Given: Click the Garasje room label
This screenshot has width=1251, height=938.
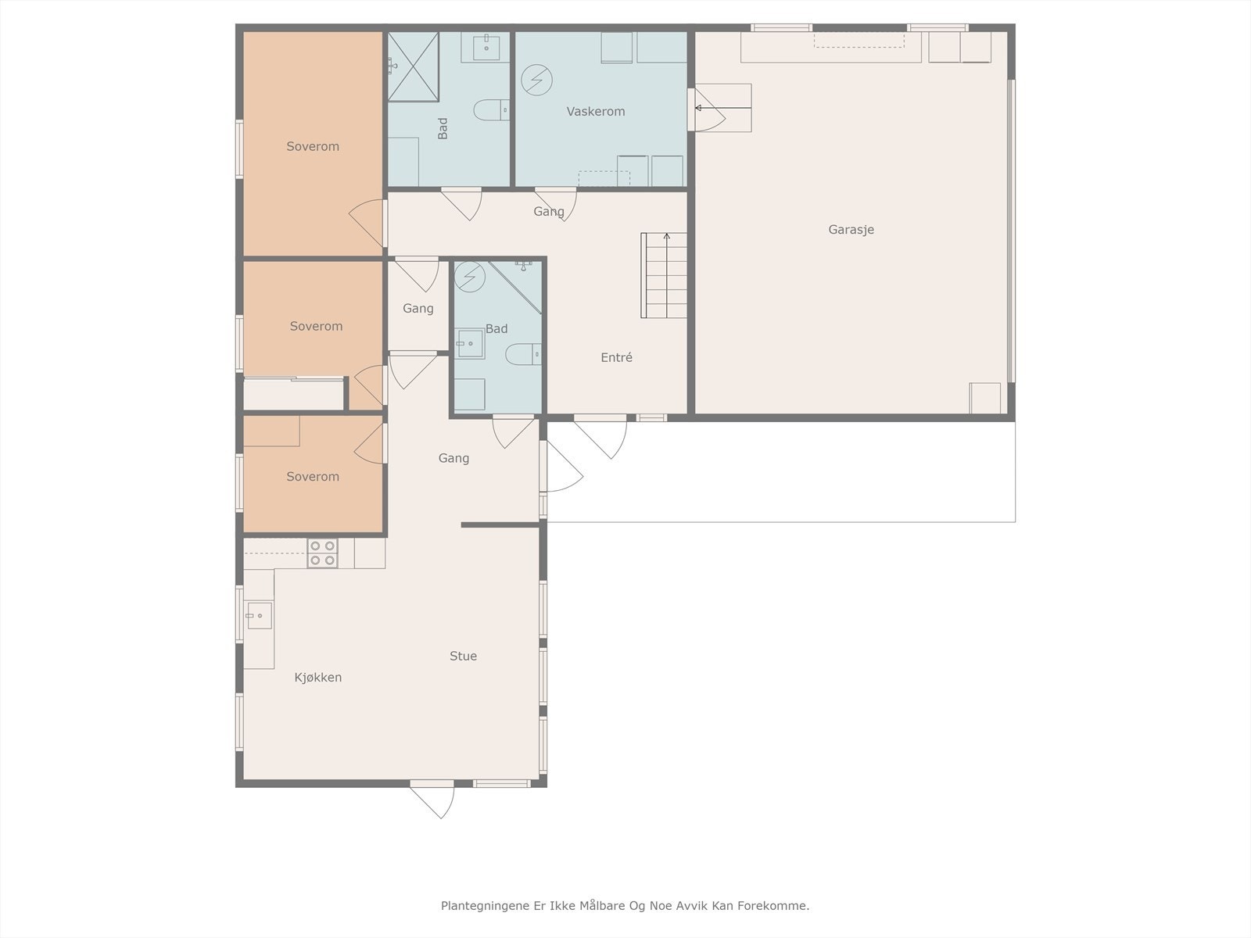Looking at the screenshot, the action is coord(851,230).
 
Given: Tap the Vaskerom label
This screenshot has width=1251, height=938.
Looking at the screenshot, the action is coord(596,112).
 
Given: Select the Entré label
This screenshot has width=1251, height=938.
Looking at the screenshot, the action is coord(616,358).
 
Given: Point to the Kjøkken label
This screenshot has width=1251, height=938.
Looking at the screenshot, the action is coord(318,677).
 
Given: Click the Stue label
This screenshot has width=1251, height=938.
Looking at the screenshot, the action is coord(463,656).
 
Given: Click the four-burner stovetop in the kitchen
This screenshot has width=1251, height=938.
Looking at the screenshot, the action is coord(323,553).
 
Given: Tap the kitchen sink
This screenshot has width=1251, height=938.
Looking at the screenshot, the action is coord(259,616).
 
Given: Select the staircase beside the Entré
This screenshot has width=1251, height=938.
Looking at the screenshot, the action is coord(664,275).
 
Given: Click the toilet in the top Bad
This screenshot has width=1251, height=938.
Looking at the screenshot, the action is coord(491,110).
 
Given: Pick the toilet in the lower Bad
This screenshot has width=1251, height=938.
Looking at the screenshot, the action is coord(523,354).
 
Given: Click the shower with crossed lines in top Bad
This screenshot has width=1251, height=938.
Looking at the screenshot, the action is coord(413,66).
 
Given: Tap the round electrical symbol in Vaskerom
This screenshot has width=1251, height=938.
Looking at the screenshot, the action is coord(537,81).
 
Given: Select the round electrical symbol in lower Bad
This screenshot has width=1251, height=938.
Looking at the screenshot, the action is coord(470,277).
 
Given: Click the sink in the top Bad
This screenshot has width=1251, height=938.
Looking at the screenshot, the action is coord(486,45).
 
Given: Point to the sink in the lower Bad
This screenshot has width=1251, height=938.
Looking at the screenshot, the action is coord(470,344).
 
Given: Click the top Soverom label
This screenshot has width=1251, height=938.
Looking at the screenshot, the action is coord(313,146).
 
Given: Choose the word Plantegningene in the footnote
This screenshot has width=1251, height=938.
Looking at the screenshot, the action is coord(485,906).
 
